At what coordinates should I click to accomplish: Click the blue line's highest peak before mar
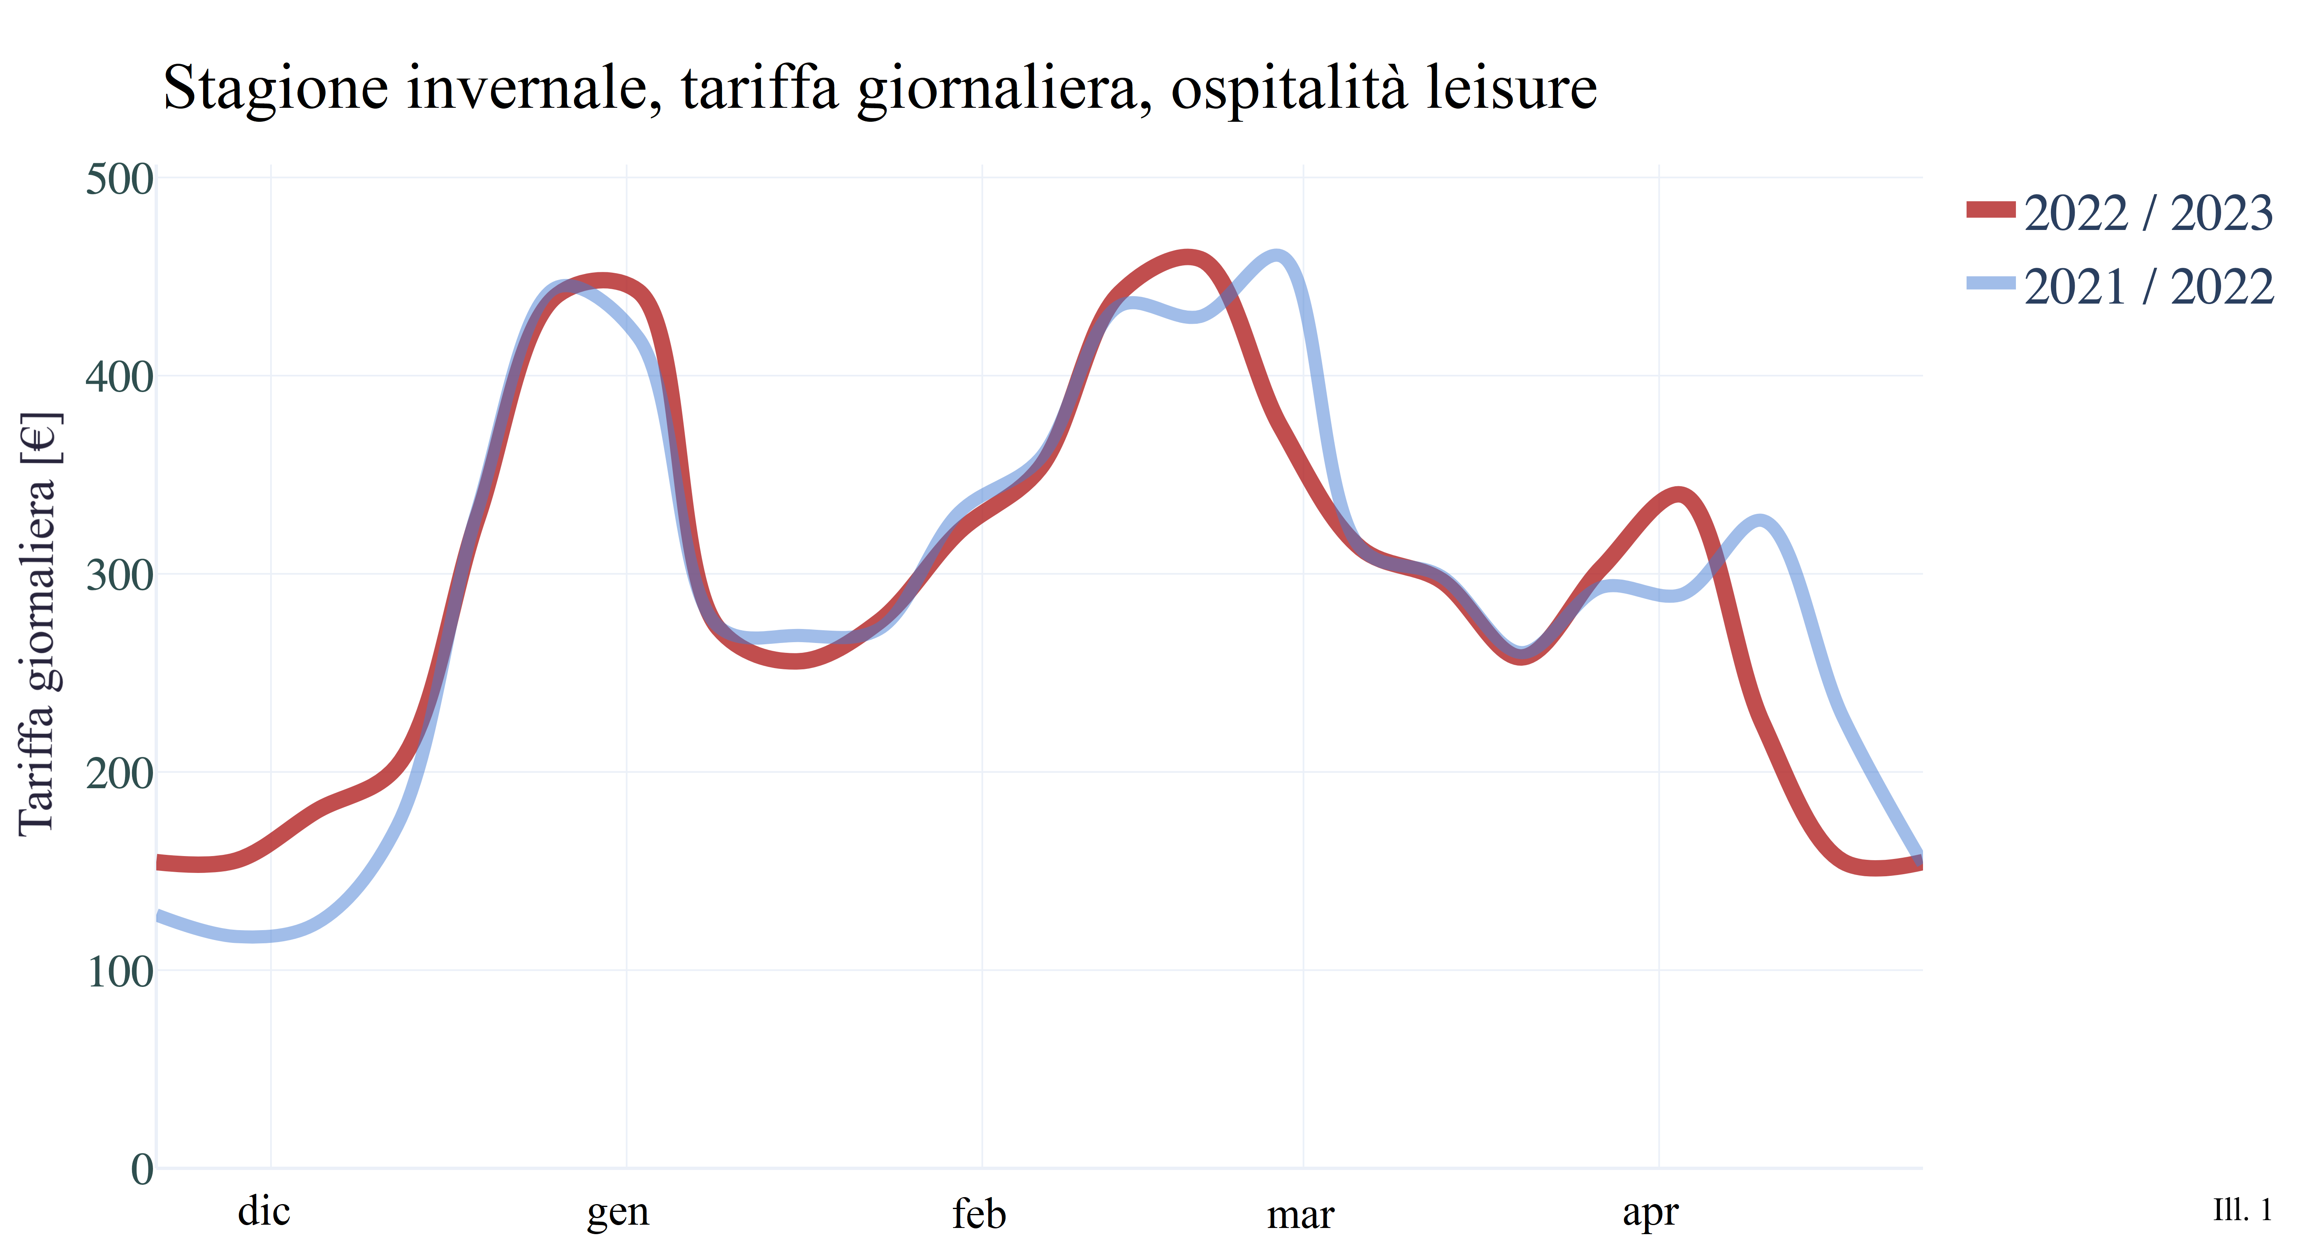point(1277,257)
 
